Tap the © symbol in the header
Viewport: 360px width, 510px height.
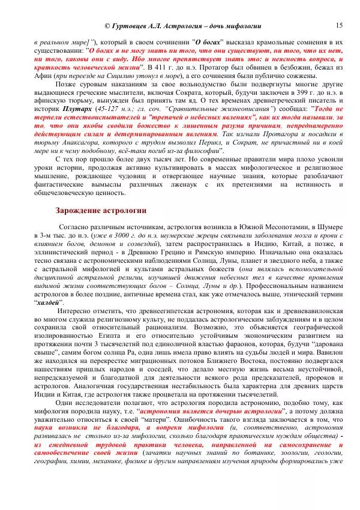(x=107, y=26)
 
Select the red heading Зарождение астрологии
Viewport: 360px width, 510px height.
(x=100, y=211)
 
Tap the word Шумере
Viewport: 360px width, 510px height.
(x=330, y=228)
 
